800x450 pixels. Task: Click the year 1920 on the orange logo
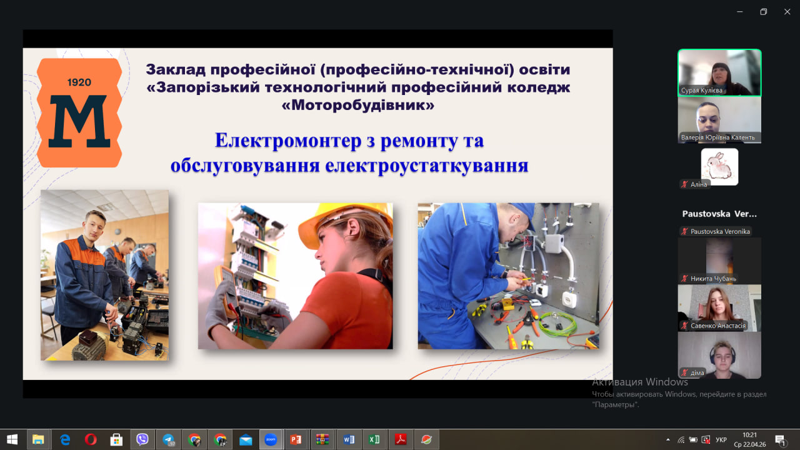pos(79,82)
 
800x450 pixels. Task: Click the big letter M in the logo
pos(79,121)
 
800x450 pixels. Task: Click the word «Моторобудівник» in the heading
pos(358,105)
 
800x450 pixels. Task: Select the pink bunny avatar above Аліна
pos(719,167)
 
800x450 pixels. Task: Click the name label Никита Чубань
pos(713,279)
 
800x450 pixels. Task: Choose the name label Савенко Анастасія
pos(718,326)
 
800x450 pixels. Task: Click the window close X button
pos(787,12)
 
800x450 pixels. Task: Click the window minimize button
pos(739,12)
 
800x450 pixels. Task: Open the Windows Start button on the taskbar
pos(12,439)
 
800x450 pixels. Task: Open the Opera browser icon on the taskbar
pos(91,439)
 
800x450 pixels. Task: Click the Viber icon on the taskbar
pos(142,439)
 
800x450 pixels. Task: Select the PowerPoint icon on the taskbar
pos(296,439)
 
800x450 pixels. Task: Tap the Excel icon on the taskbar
pos(374,439)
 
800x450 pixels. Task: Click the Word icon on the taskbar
pos(349,439)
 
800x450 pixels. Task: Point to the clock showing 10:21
pos(749,435)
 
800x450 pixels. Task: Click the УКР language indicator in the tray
pos(721,439)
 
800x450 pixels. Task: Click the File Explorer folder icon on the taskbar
pos(38,439)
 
